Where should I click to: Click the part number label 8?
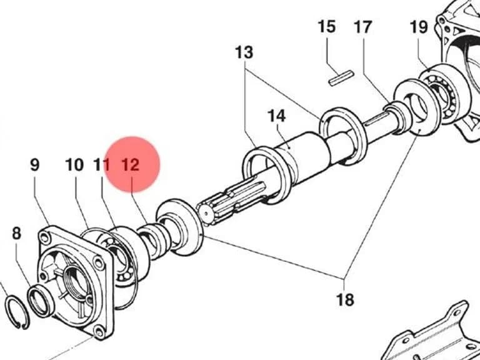16,233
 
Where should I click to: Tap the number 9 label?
35,164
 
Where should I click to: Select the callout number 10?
74,165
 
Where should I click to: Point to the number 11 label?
101,165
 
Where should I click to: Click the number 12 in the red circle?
131,165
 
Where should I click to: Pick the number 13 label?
244,52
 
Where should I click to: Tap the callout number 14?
276,116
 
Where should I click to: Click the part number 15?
327,27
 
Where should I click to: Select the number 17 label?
363,27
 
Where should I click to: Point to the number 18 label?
345,300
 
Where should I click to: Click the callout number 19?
419,27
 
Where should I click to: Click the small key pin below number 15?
341,78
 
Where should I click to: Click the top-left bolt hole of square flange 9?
45,237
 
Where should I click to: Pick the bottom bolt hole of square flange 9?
99,332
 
